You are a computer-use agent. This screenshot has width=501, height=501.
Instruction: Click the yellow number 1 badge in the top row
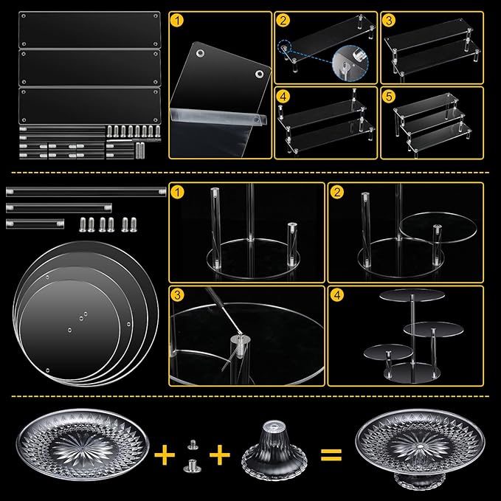coord(177,21)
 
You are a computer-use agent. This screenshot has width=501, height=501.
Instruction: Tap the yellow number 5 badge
coord(389,96)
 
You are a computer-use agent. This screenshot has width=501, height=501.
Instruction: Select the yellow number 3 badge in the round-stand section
coord(177,294)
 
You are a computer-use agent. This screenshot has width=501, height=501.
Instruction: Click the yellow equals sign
coord(331,455)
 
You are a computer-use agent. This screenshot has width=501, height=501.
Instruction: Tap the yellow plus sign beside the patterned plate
coord(165,455)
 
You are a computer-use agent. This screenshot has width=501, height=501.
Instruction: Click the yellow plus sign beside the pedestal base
coord(220,455)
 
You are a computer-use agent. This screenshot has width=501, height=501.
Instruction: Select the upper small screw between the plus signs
coord(193,444)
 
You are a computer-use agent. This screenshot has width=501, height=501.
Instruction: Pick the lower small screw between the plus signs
coord(192,466)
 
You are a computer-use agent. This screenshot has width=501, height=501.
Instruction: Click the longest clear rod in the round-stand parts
coord(86,192)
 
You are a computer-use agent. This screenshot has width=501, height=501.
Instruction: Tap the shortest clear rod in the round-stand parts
coord(35,224)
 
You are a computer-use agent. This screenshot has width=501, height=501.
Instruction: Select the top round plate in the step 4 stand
coord(412,295)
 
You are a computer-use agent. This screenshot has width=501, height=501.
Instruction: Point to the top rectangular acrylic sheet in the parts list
coord(90,30)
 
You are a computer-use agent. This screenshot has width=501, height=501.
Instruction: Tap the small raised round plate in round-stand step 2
coord(438,229)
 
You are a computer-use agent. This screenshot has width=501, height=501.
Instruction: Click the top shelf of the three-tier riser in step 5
coord(426,103)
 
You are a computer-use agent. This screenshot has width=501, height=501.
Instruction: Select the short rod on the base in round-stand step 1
coord(292,244)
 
